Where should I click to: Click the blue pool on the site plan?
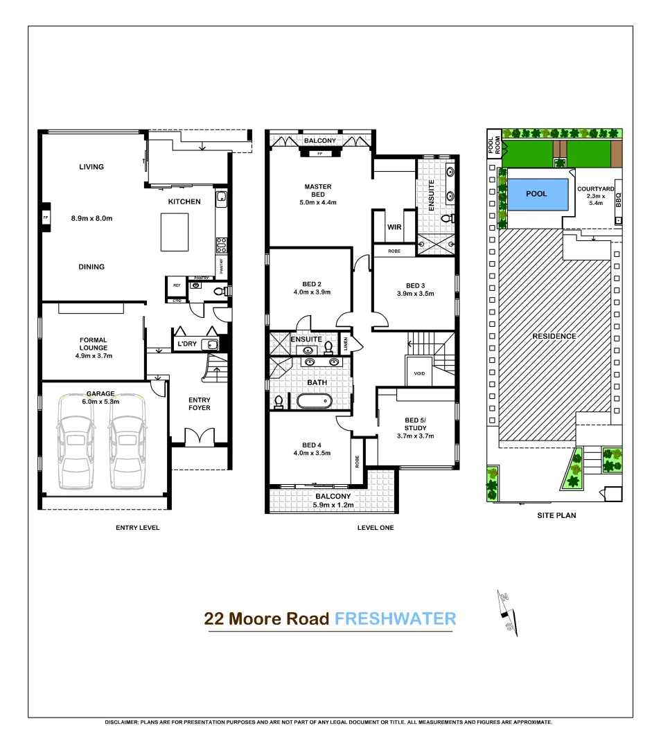coord(538,194)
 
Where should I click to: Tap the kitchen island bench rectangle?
coord(175,232)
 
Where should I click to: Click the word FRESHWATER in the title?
coord(395,618)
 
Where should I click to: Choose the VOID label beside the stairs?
coord(419,373)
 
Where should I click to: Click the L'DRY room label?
coord(187,344)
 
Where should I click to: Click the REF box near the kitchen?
coord(176,285)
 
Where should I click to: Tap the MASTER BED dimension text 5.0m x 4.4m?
coord(318,202)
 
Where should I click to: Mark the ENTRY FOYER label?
coord(200,404)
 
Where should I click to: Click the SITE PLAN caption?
coord(556,515)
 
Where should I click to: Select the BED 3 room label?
coord(415,285)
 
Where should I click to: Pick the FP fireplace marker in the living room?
coord(46,217)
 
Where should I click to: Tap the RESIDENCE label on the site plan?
coord(554,336)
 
